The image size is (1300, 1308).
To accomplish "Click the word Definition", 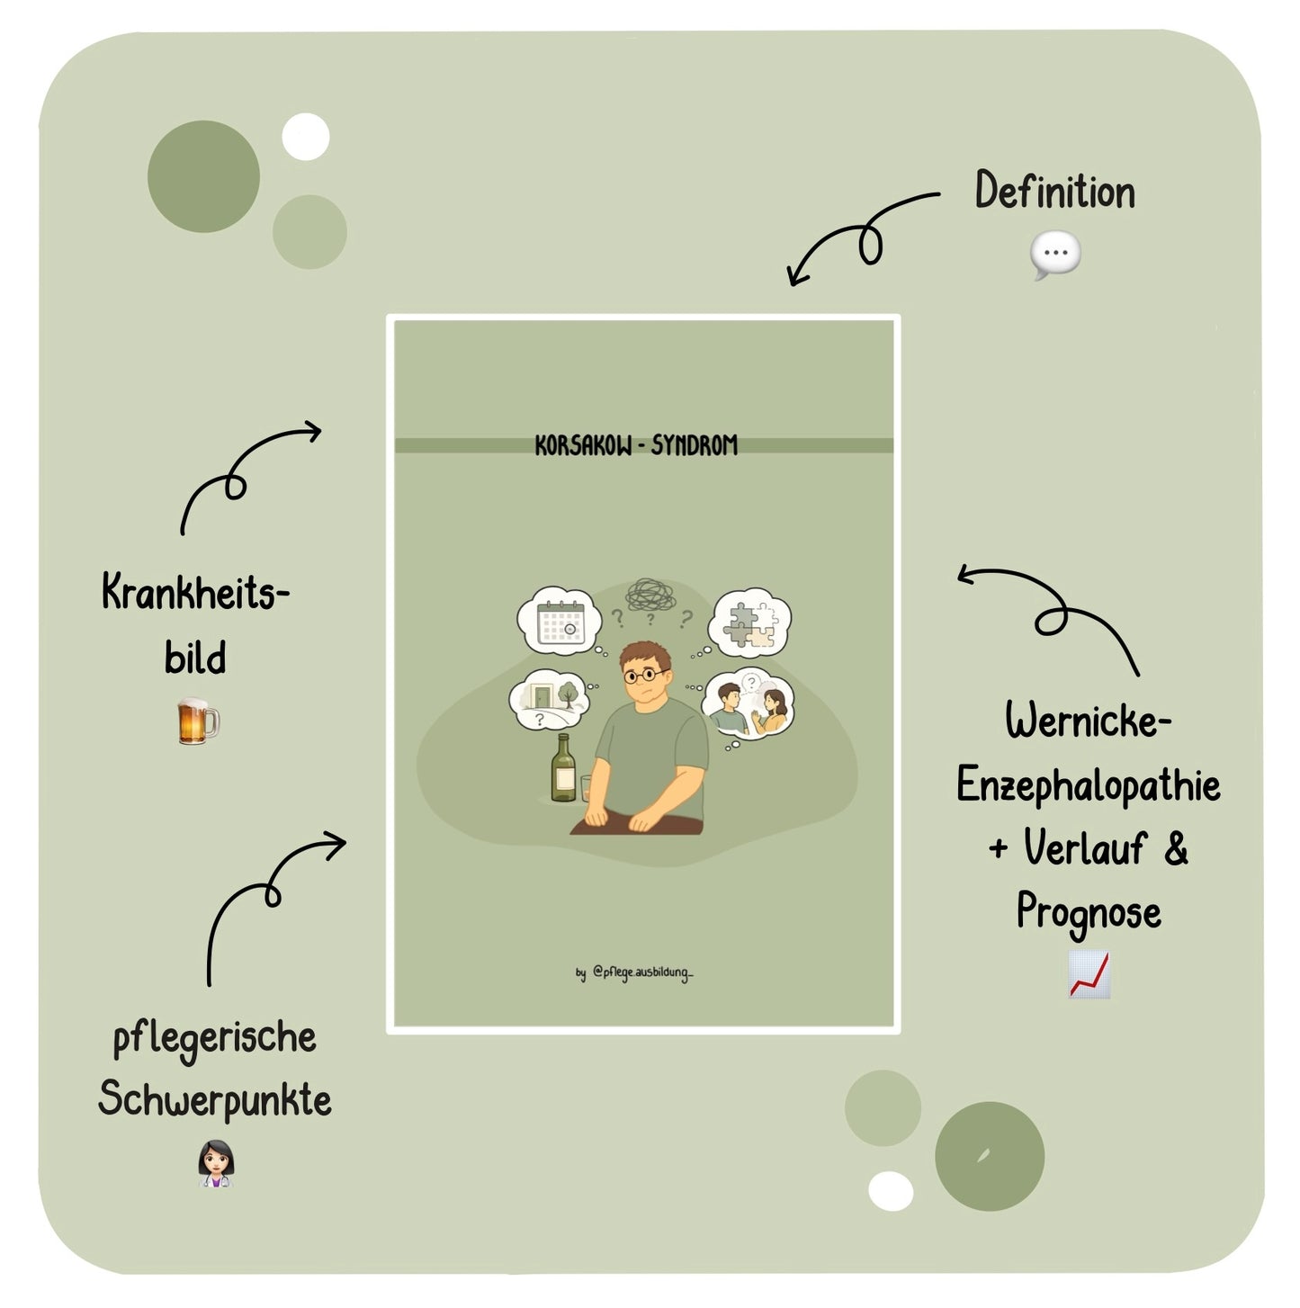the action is [x=1054, y=190].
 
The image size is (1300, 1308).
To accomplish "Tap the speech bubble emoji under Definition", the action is [x=1054, y=255].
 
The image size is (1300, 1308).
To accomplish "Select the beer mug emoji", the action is [x=198, y=721].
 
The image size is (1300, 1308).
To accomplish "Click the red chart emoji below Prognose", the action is [x=1089, y=974].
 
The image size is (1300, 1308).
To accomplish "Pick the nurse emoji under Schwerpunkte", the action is [x=216, y=1163].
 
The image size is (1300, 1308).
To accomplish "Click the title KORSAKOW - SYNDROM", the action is [x=636, y=445].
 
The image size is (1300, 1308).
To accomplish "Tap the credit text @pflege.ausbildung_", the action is [x=642, y=972].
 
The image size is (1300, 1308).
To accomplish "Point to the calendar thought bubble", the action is [x=560, y=621].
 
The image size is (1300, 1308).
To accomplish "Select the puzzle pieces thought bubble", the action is [x=750, y=623].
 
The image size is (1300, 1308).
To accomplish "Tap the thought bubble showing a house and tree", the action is [x=549, y=700].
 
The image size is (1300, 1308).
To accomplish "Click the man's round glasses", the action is [x=644, y=675].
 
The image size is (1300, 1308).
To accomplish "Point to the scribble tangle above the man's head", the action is [x=650, y=595].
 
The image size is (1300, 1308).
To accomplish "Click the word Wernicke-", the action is [x=1089, y=721].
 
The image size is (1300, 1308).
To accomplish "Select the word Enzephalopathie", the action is [x=1089, y=786].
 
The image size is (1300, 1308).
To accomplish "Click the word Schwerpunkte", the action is [x=214, y=1099].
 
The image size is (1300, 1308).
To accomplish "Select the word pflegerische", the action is [x=214, y=1038].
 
